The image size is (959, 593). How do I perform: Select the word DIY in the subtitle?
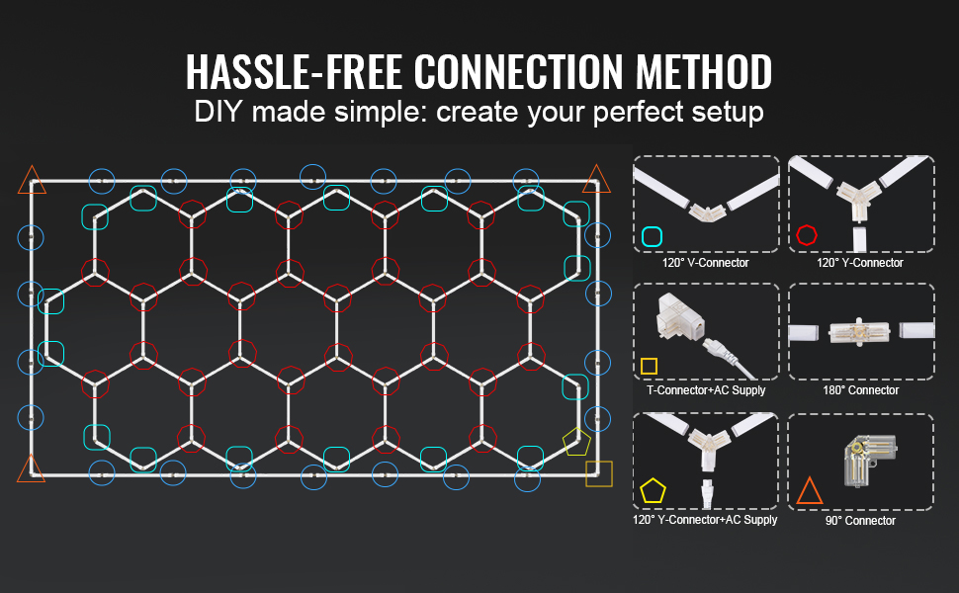219,112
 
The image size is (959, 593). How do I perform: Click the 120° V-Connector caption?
705,263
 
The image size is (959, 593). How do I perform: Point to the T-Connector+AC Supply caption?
706,390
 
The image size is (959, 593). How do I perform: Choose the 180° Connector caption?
860,390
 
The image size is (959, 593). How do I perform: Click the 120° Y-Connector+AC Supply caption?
705,520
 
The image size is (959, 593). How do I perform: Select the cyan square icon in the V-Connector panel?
652,236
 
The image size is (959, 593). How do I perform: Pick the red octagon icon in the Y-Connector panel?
807,235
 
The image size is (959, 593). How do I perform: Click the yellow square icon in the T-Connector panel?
649,366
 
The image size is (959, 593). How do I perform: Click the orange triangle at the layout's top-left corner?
31,180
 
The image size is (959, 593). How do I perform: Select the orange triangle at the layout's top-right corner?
595,180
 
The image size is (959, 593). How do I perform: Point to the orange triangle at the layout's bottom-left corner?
31,467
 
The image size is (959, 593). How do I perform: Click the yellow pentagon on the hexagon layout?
575,441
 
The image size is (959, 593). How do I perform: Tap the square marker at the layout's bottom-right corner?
598,473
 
